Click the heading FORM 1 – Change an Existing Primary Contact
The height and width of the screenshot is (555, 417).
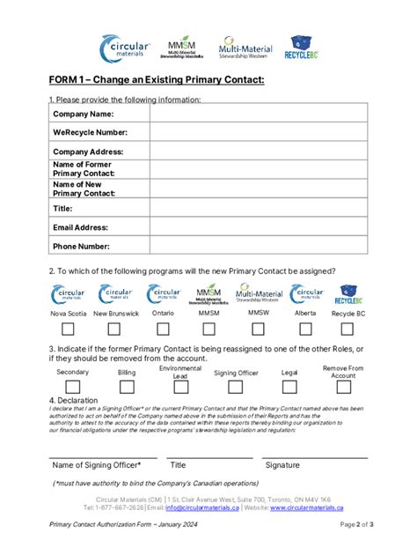point(156,81)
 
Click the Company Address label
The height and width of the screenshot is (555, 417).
point(88,152)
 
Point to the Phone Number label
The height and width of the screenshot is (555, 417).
point(81,247)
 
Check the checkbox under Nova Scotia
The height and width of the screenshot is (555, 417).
point(68,329)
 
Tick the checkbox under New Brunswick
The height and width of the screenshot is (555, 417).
point(113,329)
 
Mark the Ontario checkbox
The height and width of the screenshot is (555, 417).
point(163,329)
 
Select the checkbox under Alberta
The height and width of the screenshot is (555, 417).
point(305,329)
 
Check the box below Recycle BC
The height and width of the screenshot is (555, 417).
point(348,329)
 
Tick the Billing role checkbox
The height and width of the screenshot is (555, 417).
point(127,386)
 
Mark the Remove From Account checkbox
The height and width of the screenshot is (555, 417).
point(343,386)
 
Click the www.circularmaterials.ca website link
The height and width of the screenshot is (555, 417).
point(318,508)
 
